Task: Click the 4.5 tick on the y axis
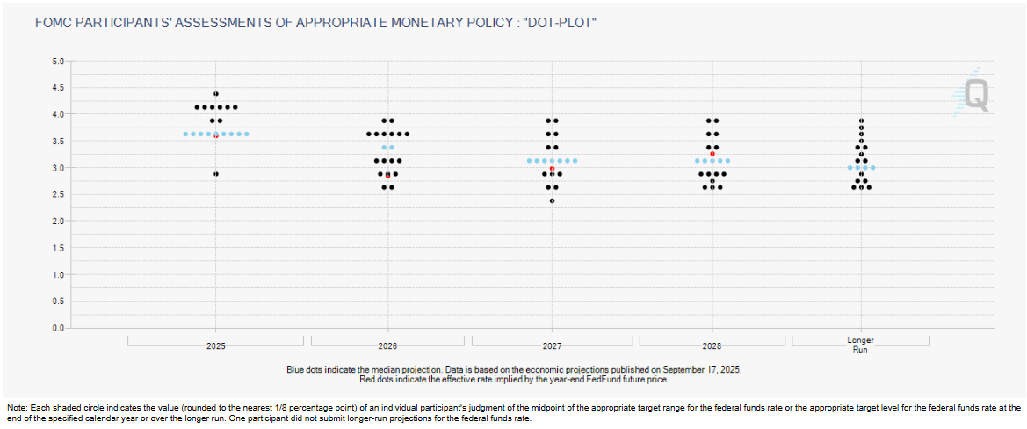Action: pyautogui.click(x=60, y=88)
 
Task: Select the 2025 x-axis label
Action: pyautogui.click(x=216, y=347)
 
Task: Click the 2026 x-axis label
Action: pyautogui.click(x=387, y=347)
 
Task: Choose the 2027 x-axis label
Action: pyautogui.click(x=553, y=347)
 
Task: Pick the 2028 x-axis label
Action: pyautogui.click(x=712, y=347)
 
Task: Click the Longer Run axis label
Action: pyautogui.click(x=860, y=345)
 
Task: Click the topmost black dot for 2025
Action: pyautogui.click(x=216, y=93)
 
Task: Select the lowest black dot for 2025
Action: pyautogui.click(x=216, y=174)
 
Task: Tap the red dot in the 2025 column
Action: pyautogui.click(x=216, y=136)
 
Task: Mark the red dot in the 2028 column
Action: pyautogui.click(x=712, y=154)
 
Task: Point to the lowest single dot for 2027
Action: pyautogui.click(x=553, y=200)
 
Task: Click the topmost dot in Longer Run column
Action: pyautogui.click(x=862, y=120)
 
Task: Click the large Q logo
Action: pyautogui.click(x=975, y=95)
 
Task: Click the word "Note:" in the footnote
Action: pyautogui.click(x=17, y=408)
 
